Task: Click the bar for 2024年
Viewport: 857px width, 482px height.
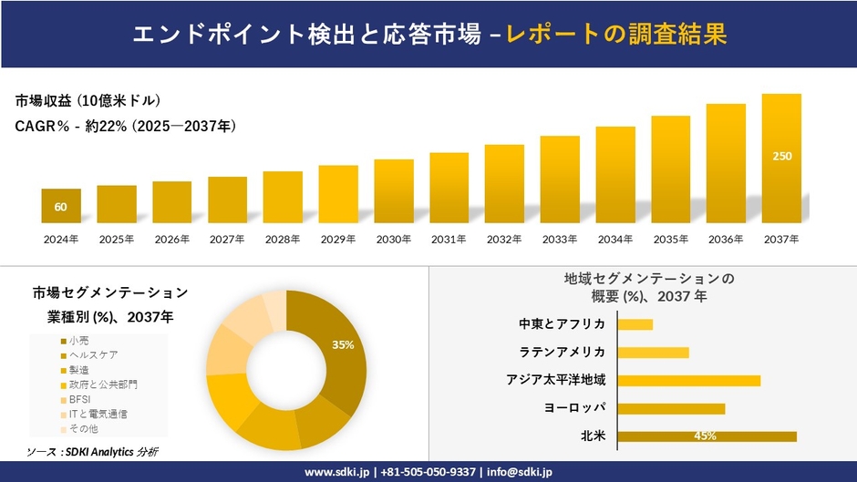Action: (x=61, y=207)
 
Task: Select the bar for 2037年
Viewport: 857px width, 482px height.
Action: (x=781, y=159)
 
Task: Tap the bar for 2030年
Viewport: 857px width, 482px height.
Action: (x=394, y=191)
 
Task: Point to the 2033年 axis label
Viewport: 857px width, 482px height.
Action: (x=560, y=239)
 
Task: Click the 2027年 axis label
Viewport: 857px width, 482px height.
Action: (x=227, y=239)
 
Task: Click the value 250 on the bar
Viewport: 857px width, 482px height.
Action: (x=782, y=157)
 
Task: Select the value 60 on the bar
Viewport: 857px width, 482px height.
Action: (x=61, y=207)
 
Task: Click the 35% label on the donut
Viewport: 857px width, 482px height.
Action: (x=343, y=345)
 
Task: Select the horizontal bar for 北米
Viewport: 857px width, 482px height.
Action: (x=707, y=436)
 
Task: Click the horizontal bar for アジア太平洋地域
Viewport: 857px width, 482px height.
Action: (x=688, y=380)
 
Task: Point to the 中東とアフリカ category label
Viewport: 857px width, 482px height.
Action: (x=562, y=324)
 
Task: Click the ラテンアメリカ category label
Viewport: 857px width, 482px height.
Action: (x=562, y=353)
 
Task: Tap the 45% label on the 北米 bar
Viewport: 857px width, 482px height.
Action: (x=705, y=436)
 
